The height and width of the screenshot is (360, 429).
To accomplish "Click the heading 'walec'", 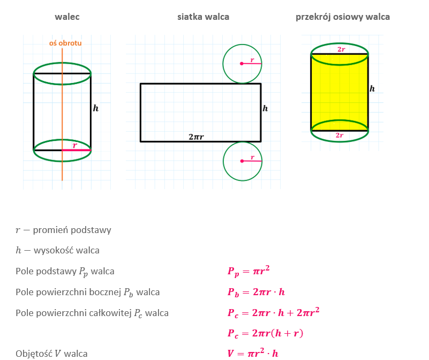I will [67, 17].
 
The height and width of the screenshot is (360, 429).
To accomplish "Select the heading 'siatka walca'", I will [203, 17].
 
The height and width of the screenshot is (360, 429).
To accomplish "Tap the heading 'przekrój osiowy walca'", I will [343, 17].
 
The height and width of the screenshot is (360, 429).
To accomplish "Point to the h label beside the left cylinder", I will [96, 108].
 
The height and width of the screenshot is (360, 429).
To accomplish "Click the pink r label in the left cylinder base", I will [74, 145].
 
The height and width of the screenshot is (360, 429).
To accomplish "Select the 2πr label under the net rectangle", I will [196, 137].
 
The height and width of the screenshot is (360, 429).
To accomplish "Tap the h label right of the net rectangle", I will [265, 108].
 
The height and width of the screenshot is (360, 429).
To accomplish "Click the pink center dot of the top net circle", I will [242, 64].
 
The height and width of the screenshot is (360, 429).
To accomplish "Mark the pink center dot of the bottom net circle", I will [242, 161].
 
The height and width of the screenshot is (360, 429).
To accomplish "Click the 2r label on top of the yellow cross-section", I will [341, 49].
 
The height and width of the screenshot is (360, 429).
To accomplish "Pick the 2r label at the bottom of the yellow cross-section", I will [340, 136].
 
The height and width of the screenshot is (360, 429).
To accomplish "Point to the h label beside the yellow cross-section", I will [372, 89].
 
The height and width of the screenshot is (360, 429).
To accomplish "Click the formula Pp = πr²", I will [249, 271].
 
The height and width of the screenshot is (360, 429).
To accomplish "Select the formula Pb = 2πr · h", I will [256, 292].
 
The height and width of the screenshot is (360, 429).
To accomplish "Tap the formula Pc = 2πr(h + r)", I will [265, 333].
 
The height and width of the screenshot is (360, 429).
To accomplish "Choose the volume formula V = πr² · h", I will [253, 354].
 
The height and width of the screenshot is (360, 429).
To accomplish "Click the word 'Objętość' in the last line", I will [34, 354].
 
